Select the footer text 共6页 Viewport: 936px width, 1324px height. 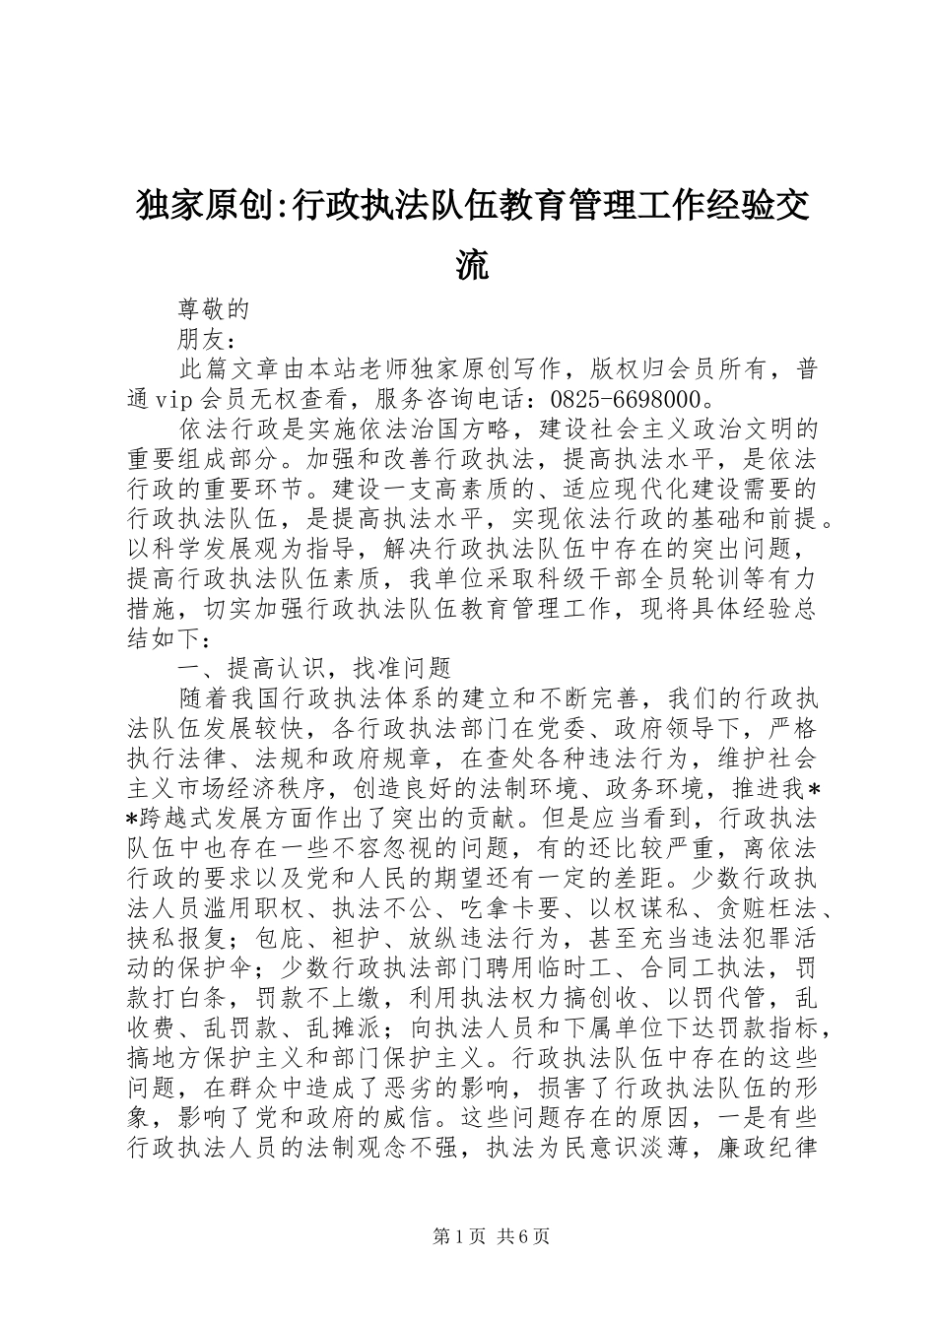[x=523, y=1236]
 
